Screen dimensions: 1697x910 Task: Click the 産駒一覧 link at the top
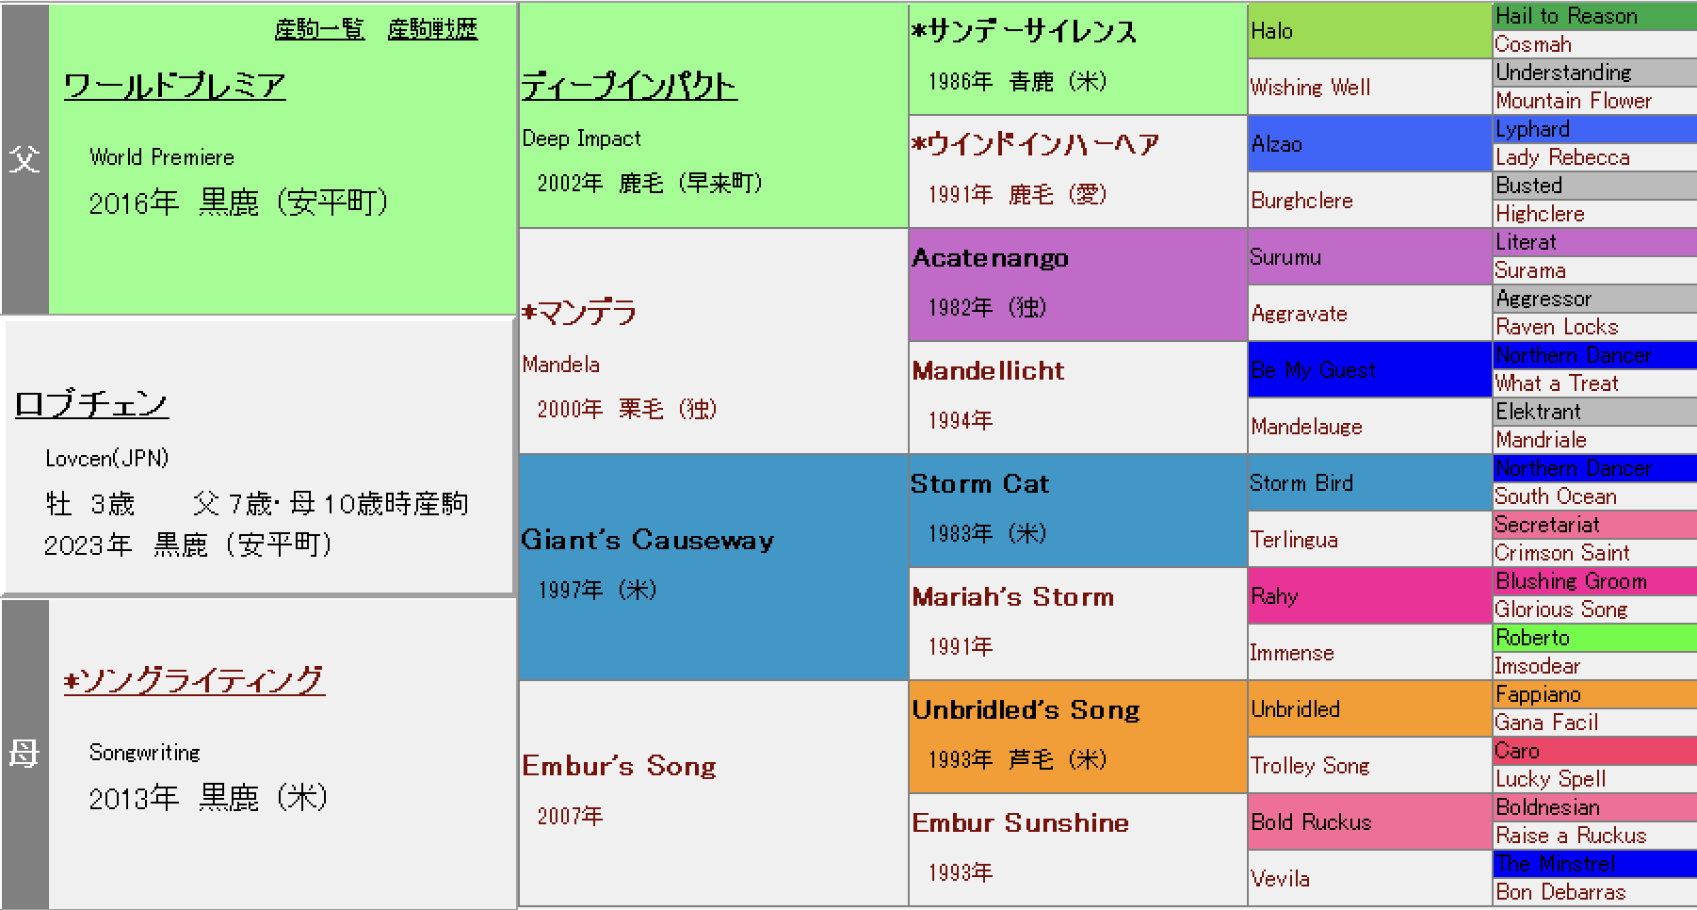coord(319,29)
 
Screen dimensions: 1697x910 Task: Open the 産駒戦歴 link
coord(432,29)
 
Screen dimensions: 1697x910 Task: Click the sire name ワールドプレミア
coord(174,86)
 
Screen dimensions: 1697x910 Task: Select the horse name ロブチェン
coord(91,404)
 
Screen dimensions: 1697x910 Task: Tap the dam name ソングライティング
coord(194,680)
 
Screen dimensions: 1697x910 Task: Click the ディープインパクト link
coord(629,86)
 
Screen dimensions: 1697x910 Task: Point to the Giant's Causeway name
coord(648,540)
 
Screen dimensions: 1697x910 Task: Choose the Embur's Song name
coord(619,766)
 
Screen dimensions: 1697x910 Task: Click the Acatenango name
coord(990,257)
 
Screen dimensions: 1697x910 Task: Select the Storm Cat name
coord(979,483)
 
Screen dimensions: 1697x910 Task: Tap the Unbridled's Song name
coord(1026,709)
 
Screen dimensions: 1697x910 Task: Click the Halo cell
coord(1369,31)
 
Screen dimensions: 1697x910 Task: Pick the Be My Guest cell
coord(1369,369)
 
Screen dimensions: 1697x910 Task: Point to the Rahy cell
coord(1369,595)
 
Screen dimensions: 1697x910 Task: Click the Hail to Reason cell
coord(1594,16)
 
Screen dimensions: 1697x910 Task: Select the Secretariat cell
coord(1594,525)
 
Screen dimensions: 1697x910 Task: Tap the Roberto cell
coord(1594,638)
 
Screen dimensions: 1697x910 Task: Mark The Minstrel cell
coord(1594,864)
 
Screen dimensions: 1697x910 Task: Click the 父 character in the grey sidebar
coord(24,158)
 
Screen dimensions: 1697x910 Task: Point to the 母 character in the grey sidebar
coord(24,754)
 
